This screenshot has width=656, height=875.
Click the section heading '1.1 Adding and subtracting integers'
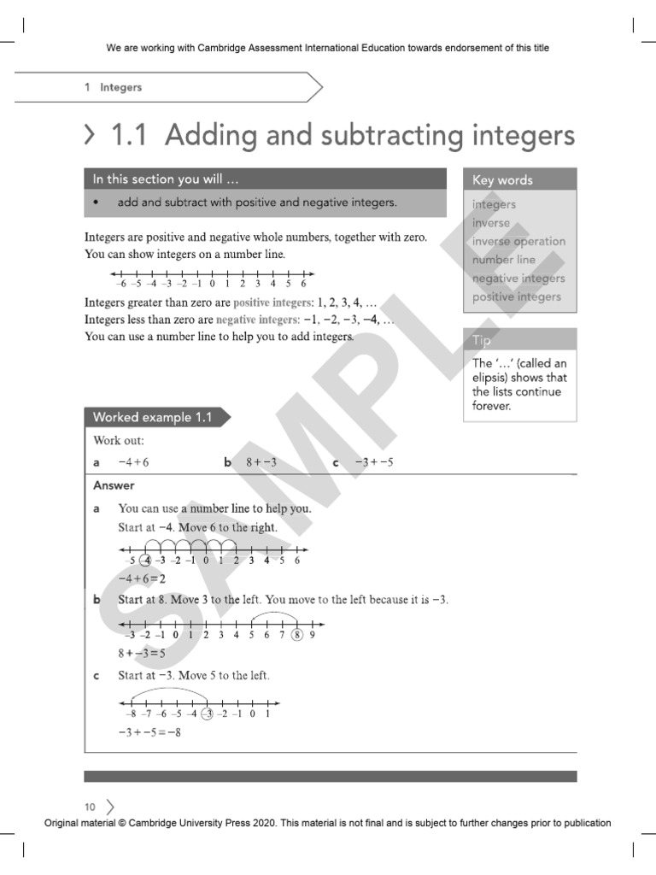coord(342,134)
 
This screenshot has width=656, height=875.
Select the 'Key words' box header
coord(502,179)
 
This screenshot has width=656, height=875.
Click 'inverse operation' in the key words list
coord(518,241)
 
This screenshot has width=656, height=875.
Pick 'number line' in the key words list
coord(504,260)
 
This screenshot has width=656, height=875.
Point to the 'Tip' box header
coord(483,340)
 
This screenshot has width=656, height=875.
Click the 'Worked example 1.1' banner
coord(146,418)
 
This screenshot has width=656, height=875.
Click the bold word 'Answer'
coord(114,485)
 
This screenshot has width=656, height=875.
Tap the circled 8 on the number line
coord(297,634)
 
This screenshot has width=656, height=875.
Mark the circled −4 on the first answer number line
coord(146,561)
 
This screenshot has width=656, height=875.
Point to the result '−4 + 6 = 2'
coord(141,578)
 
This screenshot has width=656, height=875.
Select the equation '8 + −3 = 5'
coord(143,653)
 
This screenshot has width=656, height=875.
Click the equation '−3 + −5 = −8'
coord(149,731)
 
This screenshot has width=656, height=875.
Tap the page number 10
coord(90,807)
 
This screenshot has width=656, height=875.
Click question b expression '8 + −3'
coord(261,462)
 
